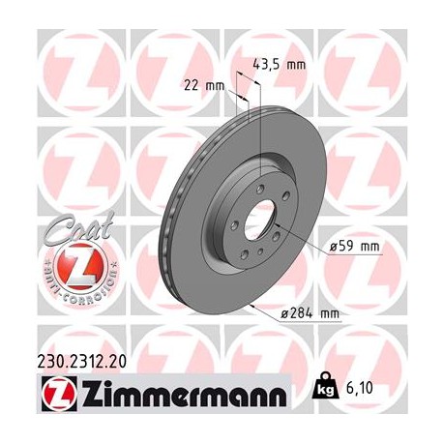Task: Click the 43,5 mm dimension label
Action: click(x=279, y=65)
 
